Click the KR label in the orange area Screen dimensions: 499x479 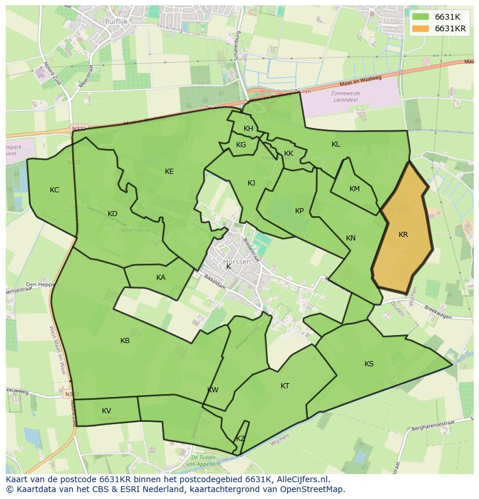point(403,235)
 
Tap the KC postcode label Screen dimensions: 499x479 point(54,190)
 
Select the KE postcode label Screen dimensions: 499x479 point(169,171)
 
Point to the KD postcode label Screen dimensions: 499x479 point(112,214)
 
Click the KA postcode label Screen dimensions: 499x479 point(161,278)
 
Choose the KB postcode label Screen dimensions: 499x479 point(125,341)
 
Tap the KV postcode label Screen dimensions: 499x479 point(106,411)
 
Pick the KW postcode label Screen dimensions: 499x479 point(213,390)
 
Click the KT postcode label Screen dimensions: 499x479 point(285,386)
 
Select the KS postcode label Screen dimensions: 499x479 point(369,364)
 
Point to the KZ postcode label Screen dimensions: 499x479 point(241,439)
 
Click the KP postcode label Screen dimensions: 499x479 point(299,211)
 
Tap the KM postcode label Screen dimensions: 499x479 point(355,189)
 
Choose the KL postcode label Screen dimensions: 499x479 point(336,144)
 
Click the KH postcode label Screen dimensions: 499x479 point(248,129)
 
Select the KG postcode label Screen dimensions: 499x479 point(241,145)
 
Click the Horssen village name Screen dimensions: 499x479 point(237,262)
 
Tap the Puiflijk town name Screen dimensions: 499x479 point(116,21)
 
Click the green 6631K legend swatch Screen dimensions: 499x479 point(421,17)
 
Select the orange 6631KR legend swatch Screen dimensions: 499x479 point(421,28)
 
